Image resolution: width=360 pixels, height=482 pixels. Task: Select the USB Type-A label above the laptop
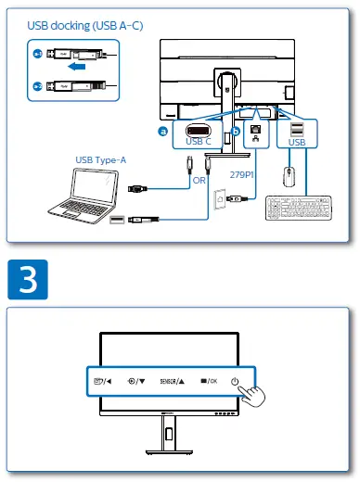click(x=101, y=160)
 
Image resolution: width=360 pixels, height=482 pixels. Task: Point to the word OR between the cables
click(x=199, y=181)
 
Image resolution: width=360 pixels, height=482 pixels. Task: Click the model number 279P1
click(x=242, y=173)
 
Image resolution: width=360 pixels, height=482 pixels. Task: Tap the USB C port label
click(x=199, y=142)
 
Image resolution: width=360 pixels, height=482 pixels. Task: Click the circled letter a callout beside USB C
click(x=163, y=132)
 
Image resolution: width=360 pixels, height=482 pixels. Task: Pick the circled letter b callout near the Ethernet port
click(x=236, y=132)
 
